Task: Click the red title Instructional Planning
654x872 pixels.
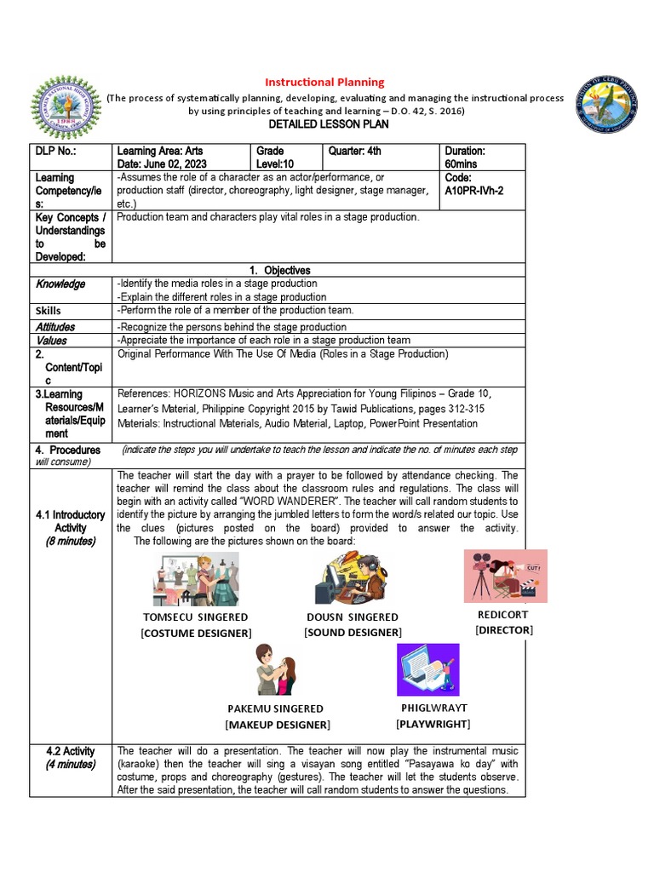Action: click(x=324, y=82)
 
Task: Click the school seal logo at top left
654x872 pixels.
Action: click(x=64, y=109)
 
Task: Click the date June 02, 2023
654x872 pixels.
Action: click(x=161, y=163)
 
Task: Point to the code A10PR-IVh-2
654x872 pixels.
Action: click(x=473, y=191)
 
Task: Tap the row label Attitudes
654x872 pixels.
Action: click(x=54, y=326)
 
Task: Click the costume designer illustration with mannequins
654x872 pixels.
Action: click(x=196, y=578)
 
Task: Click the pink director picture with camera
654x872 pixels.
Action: click(x=505, y=576)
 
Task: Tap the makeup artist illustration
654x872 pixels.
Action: click(x=275, y=669)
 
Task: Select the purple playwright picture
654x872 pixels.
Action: click(x=427, y=669)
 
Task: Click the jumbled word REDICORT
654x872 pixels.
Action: click(x=504, y=615)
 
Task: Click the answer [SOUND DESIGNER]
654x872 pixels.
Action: click(x=353, y=632)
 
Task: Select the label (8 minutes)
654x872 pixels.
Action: click(x=71, y=541)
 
